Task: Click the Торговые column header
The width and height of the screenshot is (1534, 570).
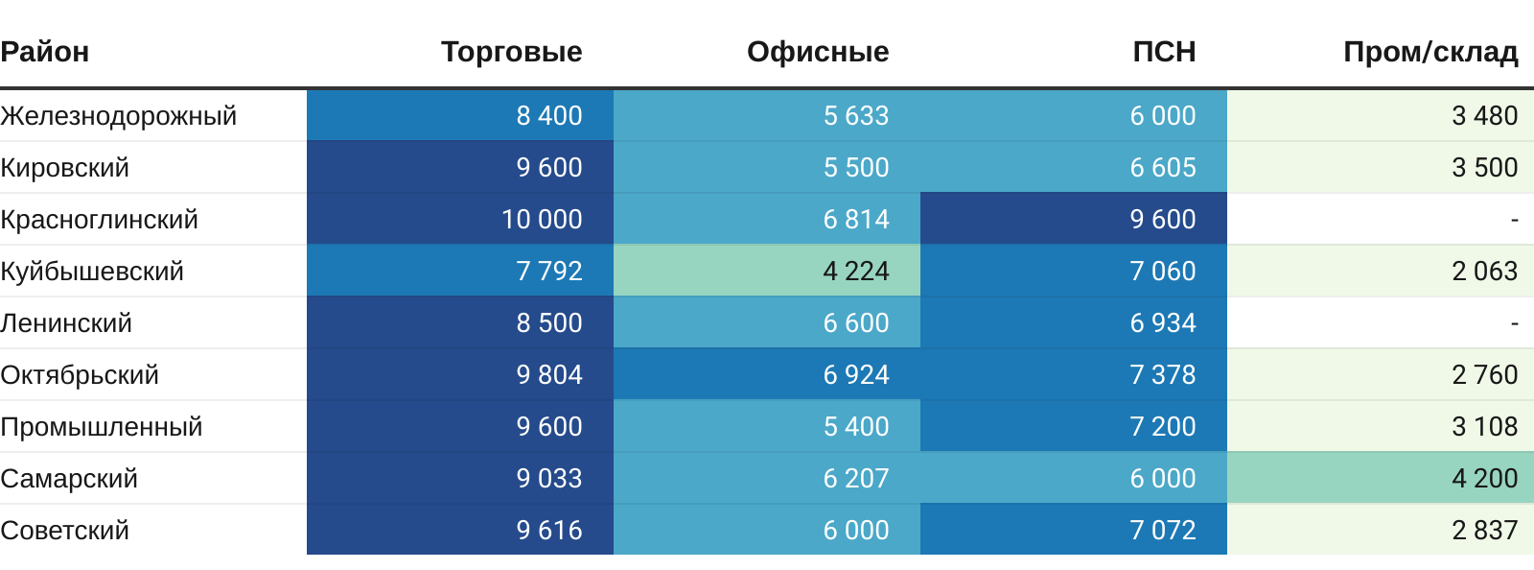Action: tap(511, 52)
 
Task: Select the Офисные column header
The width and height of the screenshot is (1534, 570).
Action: tap(818, 52)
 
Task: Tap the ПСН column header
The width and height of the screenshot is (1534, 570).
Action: tap(1164, 52)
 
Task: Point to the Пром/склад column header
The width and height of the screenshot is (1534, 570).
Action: tap(1430, 52)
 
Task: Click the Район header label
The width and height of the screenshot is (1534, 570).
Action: tap(45, 52)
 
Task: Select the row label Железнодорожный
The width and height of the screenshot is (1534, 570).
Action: tap(119, 116)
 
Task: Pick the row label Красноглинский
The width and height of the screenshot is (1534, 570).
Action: tap(100, 220)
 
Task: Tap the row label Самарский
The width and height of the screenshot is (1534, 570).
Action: tap(69, 479)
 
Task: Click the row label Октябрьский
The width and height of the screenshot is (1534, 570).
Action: tap(80, 375)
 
